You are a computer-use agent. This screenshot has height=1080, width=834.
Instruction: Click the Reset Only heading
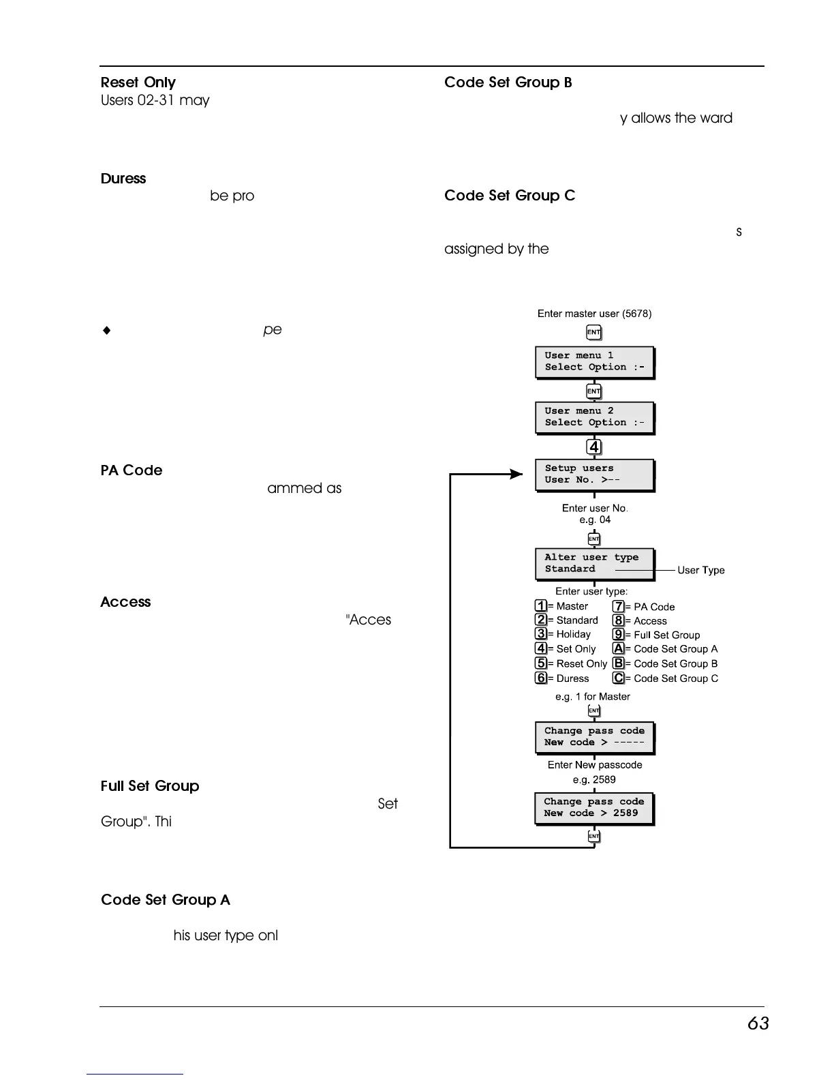pos(138,82)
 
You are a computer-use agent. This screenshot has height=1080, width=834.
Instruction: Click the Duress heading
pos(123,179)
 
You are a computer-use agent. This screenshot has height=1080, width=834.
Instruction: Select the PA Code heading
pos(132,470)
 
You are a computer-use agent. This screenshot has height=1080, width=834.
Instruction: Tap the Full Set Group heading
pos(150,786)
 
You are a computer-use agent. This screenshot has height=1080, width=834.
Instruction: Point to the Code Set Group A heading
pos(166,900)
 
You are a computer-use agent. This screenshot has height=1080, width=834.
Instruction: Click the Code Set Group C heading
pos(510,196)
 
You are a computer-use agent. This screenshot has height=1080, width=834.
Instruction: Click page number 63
pos(758,1023)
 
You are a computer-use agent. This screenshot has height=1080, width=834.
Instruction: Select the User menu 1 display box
pos(594,362)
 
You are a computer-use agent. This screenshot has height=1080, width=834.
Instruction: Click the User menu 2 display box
pos(594,417)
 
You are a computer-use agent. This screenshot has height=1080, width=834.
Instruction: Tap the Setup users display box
pos(594,475)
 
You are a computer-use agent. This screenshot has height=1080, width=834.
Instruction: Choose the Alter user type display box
pos(594,564)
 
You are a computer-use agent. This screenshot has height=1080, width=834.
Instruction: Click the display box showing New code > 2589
pos(594,808)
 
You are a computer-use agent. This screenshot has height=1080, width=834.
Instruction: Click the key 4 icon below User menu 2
pos(594,447)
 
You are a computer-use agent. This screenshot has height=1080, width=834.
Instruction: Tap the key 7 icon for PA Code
pos(619,606)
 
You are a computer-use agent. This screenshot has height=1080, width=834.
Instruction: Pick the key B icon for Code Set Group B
pos(619,663)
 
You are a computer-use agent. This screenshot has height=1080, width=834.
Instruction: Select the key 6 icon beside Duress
pos(541,678)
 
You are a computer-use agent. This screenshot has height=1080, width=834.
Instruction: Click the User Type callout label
pos(701,571)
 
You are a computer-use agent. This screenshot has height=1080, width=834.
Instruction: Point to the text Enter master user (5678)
pos(594,314)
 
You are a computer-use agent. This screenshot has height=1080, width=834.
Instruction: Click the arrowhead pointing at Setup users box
pos(516,474)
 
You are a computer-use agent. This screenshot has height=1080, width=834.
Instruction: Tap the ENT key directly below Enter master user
pos(594,333)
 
